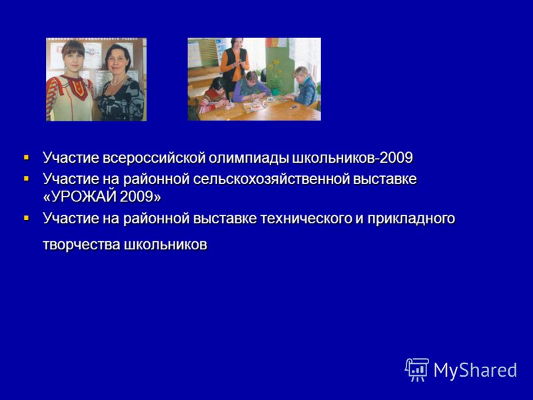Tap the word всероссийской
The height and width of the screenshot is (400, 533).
pos(154,158)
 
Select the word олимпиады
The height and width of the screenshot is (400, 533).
pos(249,159)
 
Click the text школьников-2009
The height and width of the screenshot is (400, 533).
pos(352,158)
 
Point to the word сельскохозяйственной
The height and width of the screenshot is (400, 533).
pos(271,179)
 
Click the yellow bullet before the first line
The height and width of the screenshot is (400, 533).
pos(27,158)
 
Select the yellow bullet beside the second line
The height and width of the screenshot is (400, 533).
pos(27,179)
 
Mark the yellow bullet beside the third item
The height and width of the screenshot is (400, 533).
pos(27,218)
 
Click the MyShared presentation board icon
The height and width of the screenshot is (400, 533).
pos(417,369)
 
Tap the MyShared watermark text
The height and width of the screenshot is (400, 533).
pos(475,370)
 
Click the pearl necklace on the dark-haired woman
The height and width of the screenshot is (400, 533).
pos(118,81)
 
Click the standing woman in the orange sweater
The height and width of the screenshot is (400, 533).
pos(235,65)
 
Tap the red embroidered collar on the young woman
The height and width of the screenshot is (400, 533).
pos(76,85)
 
